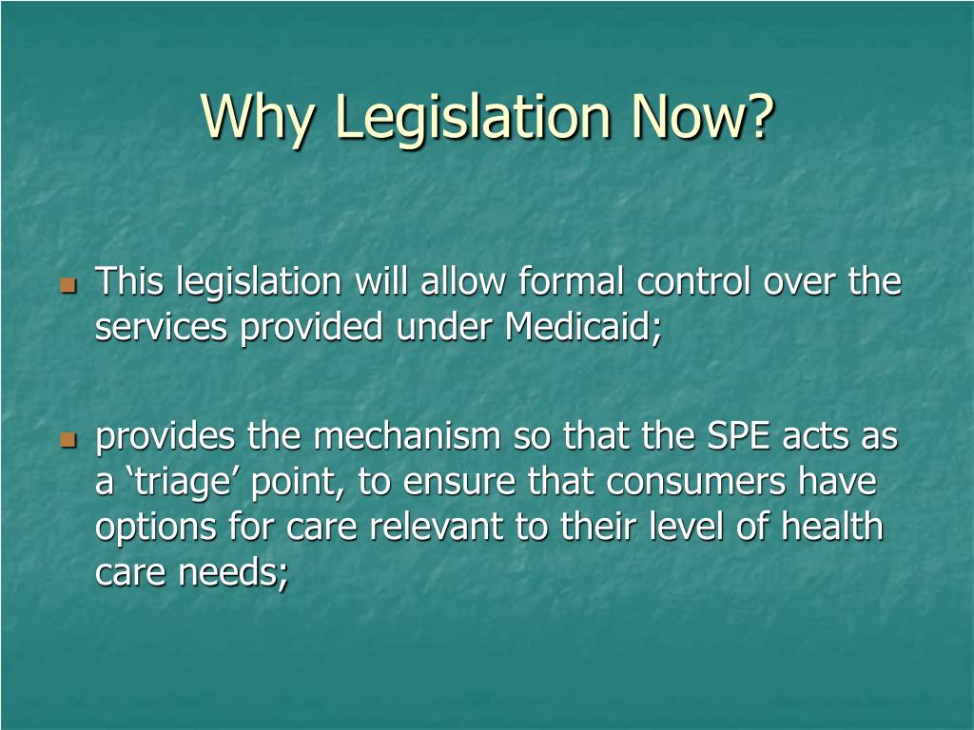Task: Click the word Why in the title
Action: [257, 118]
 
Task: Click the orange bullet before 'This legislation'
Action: [68, 285]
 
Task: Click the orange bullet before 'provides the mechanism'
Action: [68, 441]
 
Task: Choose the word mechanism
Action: [407, 435]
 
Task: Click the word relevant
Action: [436, 527]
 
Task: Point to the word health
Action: [832, 526]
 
